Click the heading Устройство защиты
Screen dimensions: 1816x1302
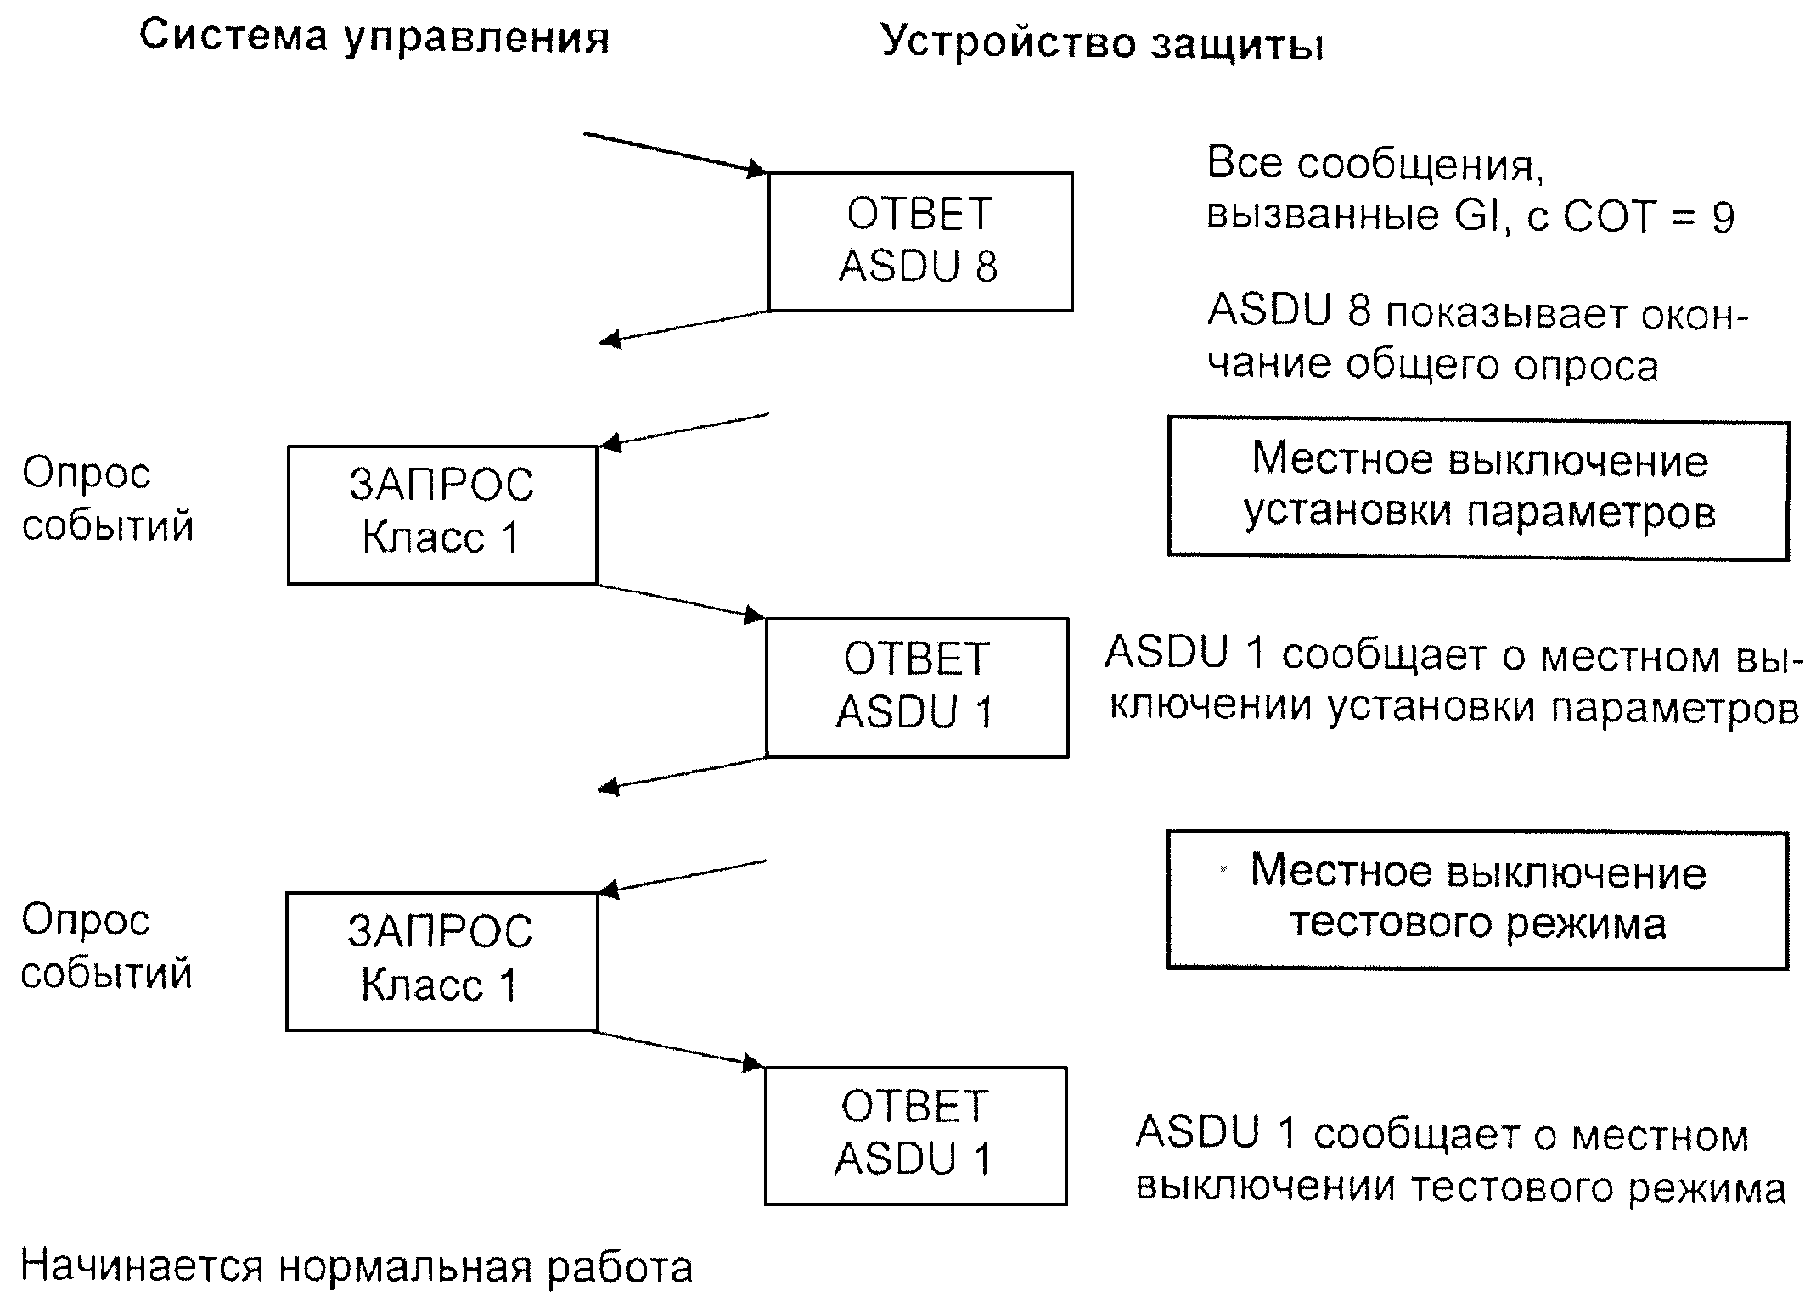tap(1102, 42)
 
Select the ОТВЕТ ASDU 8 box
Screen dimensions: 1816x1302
tap(920, 242)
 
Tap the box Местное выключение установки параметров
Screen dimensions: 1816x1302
tap(1478, 488)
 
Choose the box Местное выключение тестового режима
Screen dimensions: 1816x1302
tap(1477, 901)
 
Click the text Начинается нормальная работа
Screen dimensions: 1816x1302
tap(357, 1266)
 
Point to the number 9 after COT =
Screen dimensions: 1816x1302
tap(1723, 218)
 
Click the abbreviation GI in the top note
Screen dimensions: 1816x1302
tap(1479, 216)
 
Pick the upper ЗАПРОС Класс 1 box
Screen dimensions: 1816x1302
tap(442, 515)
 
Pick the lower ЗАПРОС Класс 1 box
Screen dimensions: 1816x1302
tap(441, 962)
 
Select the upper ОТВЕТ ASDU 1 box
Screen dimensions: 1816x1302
tap(917, 687)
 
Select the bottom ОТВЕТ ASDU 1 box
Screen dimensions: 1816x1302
tap(915, 1136)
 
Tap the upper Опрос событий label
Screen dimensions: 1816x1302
tap(108, 499)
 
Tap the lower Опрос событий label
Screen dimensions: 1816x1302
tap(107, 946)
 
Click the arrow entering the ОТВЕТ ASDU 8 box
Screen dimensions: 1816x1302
tap(676, 153)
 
